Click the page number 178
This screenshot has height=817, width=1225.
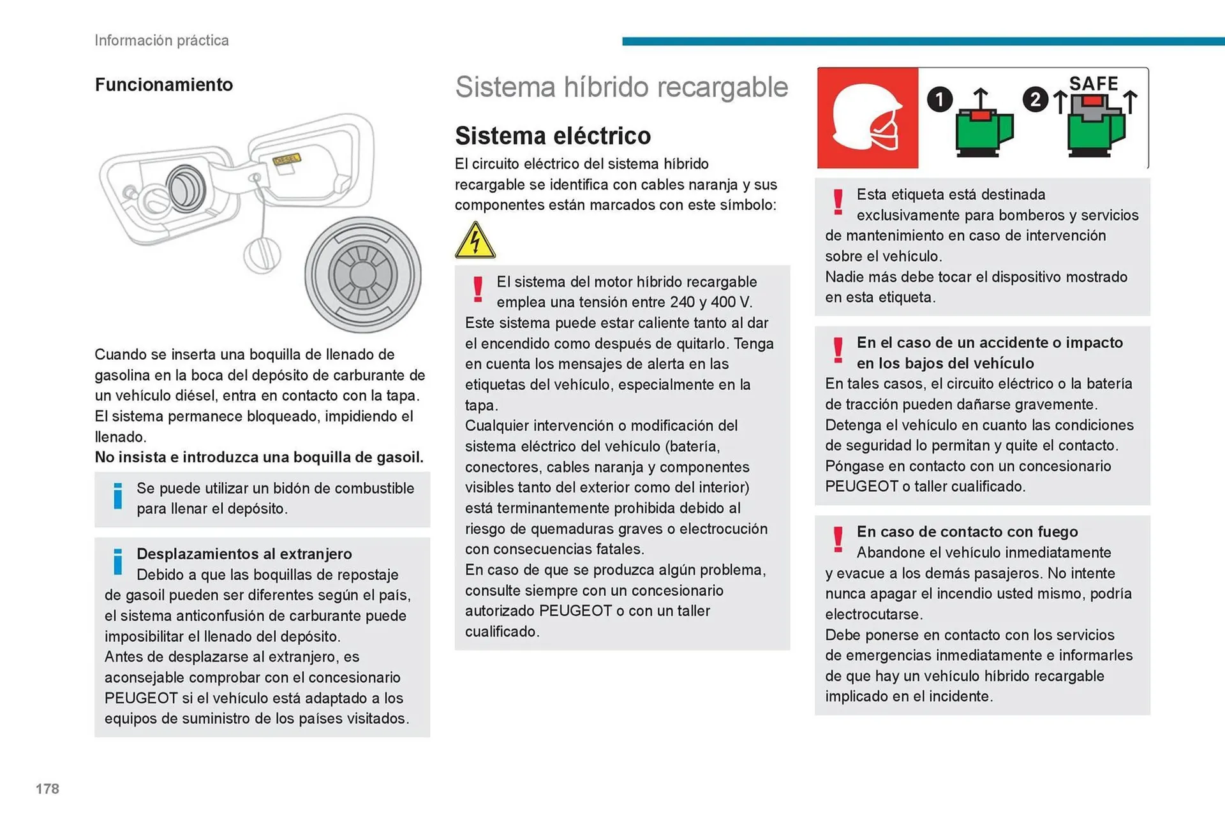coord(47,789)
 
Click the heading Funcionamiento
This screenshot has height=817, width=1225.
coord(164,85)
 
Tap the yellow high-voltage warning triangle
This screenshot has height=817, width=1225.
coord(475,240)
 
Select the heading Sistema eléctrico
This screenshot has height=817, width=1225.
coord(553,136)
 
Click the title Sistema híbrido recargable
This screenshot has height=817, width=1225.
coord(621,87)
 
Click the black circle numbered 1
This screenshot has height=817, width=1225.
coord(939,99)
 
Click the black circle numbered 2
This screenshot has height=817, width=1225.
coord(1035,99)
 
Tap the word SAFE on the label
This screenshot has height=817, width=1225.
coord(1094,84)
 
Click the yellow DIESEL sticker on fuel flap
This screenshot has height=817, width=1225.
coord(286,159)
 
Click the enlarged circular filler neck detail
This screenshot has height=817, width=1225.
coord(363,275)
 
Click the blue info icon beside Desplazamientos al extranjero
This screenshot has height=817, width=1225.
coord(118,561)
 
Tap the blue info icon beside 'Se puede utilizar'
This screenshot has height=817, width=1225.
coord(118,496)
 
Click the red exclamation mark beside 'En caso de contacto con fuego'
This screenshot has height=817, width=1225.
coord(838,540)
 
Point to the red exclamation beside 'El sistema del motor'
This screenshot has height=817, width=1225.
coord(478,290)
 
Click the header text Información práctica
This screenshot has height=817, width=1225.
coord(161,40)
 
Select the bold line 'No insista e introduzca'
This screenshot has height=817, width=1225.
coord(259,457)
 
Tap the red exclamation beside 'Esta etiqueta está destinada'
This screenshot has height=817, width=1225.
coord(838,202)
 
